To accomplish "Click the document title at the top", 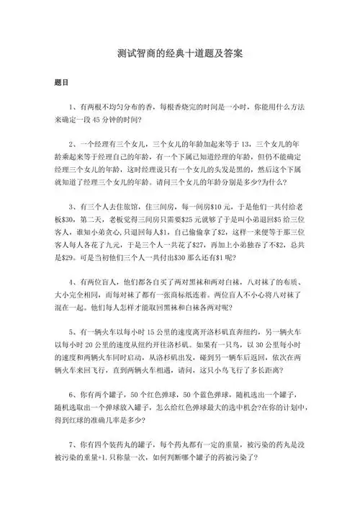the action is point(180,54).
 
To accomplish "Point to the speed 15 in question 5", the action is point(151,334).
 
